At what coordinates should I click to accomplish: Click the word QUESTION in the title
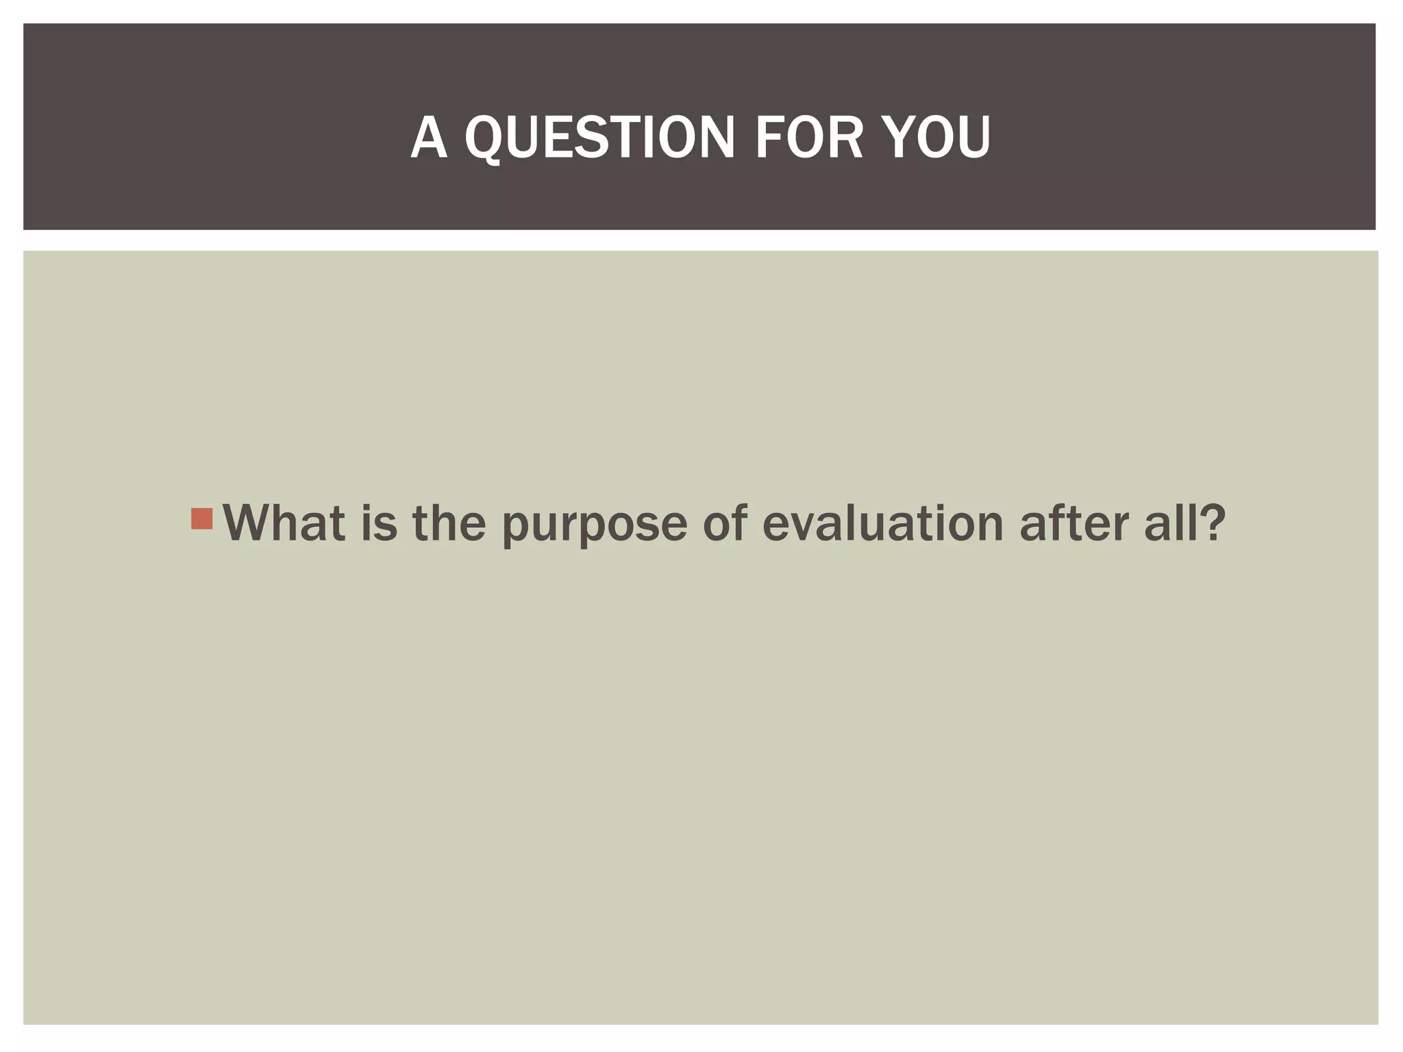600,138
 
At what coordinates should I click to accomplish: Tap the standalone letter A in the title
429,138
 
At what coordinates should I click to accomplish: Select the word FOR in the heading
808,138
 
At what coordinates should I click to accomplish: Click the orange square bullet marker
202,518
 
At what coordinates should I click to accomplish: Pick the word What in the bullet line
284,523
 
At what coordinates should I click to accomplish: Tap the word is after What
379,523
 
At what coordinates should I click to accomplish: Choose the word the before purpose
449,523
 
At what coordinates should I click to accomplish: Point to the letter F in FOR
769,138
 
